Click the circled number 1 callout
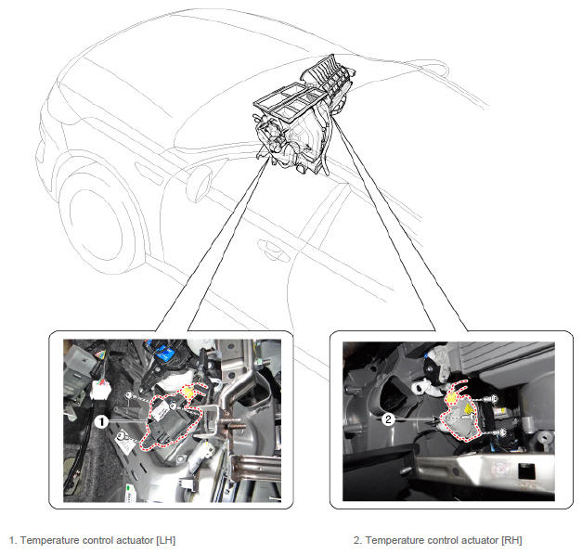point(101,421)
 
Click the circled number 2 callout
point(388,419)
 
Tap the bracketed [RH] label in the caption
point(511,540)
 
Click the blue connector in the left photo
point(164,351)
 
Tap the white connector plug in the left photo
point(100,390)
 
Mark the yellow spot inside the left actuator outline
point(188,392)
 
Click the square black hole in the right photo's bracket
point(526,471)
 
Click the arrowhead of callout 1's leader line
point(150,421)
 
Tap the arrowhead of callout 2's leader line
point(437,419)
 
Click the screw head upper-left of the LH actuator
point(129,394)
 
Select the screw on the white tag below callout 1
point(121,435)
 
